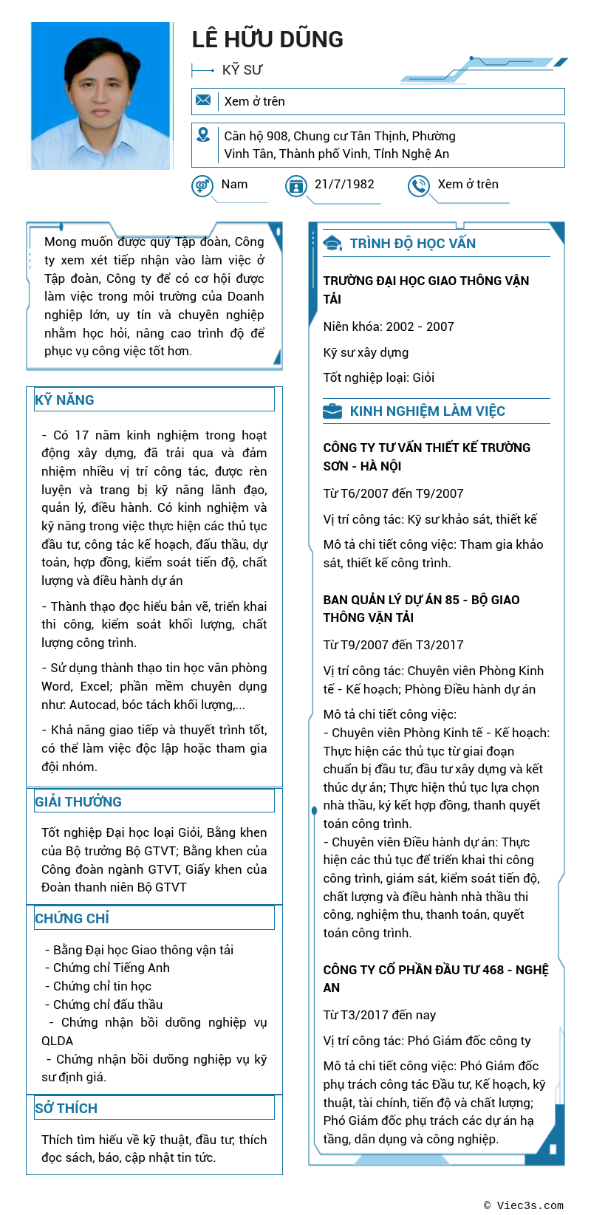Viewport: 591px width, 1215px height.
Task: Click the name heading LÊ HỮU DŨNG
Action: click(267, 39)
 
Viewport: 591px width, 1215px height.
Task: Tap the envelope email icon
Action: click(203, 100)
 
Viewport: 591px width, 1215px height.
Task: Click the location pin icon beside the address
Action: click(203, 135)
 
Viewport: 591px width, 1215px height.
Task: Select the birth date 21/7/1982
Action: click(344, 184)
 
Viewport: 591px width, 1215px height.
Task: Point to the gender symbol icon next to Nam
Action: click(202, 185)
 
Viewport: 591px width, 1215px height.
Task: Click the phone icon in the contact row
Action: click(419, 185)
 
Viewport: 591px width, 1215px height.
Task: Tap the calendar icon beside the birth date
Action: click(296, 185)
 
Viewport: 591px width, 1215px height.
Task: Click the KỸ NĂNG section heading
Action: click(65, 400)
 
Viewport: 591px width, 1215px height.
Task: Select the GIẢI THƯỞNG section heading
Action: click(78, 801)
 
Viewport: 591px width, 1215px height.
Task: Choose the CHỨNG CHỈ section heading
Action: click(72, 918)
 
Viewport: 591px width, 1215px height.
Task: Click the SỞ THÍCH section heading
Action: click(66, 1108)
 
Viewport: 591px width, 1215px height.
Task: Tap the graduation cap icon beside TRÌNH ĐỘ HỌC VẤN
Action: click(332, 244)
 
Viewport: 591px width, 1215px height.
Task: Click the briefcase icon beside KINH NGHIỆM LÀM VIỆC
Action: click(332, 411)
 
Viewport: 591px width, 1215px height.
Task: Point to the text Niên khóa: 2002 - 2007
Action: click(389, 326)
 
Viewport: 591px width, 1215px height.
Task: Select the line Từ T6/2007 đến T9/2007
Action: click(393, 493)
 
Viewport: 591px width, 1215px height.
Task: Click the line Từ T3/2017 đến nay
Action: click(380, 1015)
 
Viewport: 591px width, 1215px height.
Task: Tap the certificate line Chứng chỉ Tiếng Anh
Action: click(111, 968)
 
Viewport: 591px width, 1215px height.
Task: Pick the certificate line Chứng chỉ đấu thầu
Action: click(108, 1004)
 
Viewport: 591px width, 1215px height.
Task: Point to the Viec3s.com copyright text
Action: click(524, 1205)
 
